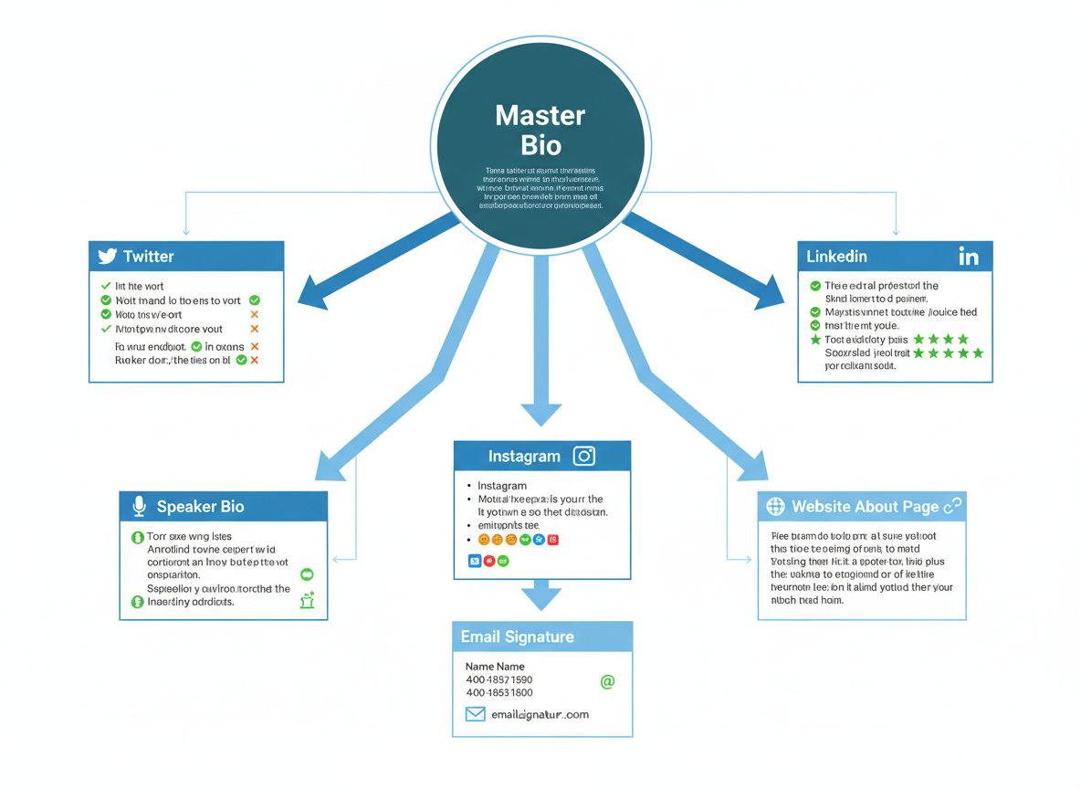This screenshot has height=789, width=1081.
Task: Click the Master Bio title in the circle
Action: tap(540, 130)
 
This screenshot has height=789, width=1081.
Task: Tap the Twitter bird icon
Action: tap(108, 257)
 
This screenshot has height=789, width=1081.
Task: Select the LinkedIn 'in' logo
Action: tap(969, 258)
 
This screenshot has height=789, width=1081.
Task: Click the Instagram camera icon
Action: tap(583, 457)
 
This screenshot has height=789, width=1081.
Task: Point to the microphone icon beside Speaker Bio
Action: tap(139, 507)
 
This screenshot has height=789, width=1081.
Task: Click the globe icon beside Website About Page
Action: tap(775, 507)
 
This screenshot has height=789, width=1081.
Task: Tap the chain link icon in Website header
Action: tap(952, 506)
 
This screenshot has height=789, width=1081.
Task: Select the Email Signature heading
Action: tap(517, 636)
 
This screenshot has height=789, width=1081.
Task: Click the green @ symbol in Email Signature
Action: tap(607, 681)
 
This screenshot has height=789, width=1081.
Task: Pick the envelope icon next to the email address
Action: tap(475, 714)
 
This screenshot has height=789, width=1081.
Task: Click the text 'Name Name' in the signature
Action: tap(495, 667)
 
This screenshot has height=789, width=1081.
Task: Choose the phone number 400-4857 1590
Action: tap(499, 680)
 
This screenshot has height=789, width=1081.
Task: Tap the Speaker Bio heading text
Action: tap(200, 507)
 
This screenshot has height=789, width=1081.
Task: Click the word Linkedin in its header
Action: tap(836, 257)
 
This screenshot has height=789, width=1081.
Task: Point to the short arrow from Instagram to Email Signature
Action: tap(541, 594)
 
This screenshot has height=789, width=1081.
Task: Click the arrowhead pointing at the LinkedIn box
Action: tap(769, 293)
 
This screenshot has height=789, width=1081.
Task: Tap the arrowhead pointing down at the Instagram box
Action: tap(541, 413)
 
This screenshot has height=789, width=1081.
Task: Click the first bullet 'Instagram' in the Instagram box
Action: tap(502, 486)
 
